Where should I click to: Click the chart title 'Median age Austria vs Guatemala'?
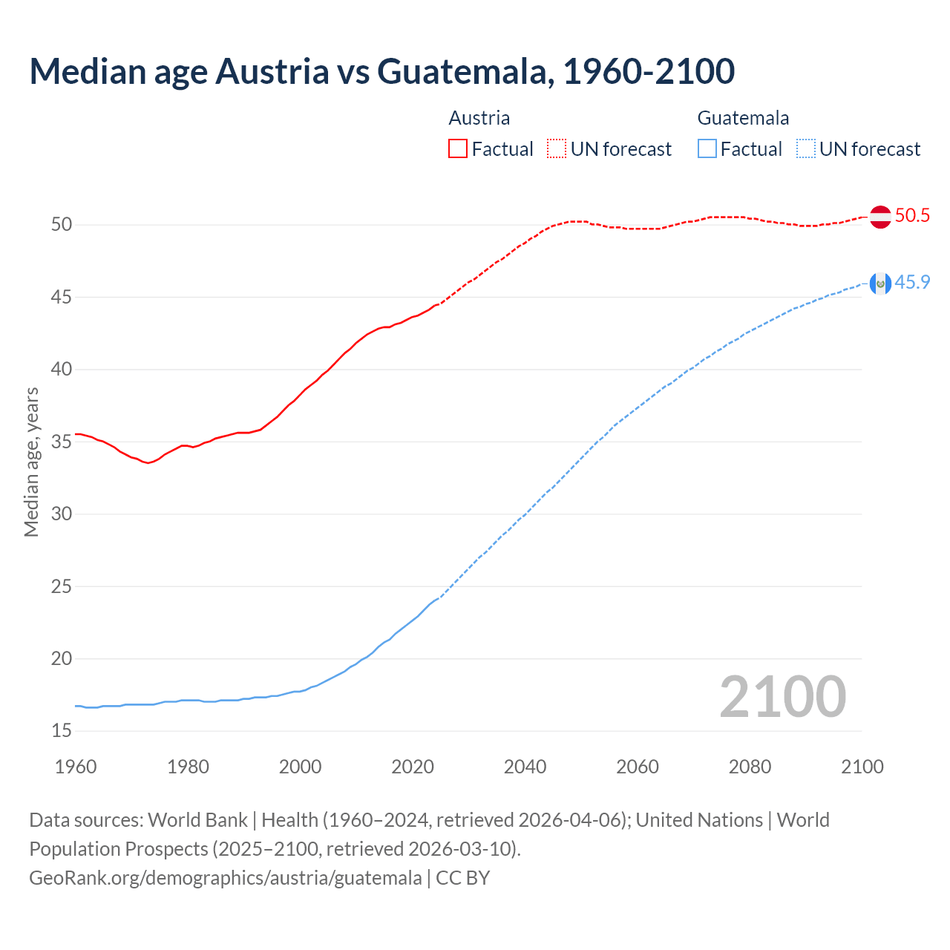coord(381,71)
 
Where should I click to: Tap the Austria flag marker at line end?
coord(880,217)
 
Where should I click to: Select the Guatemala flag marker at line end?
coord(880,283)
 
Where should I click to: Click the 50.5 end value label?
coord(912,216)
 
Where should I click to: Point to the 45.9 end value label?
coord(912,282)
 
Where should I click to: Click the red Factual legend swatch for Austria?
coord(458,149)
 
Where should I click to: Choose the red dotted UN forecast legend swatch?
coord(557,149)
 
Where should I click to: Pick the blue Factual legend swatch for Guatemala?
coord(707,149)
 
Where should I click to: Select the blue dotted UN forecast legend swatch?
coord(805,149)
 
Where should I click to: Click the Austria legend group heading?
coord(479,118)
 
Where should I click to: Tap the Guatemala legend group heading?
coord(743,118)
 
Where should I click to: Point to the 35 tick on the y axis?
coord(62,442)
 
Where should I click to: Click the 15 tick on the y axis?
coord(62,731)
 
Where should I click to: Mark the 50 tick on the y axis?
coord(62,225)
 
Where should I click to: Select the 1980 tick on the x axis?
coord(188,767)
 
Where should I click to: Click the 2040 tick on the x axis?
coord(525,767)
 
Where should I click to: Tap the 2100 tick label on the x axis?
coord(862,767)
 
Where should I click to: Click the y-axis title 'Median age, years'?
coord(31,462)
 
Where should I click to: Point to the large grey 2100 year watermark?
coord(782,697)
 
